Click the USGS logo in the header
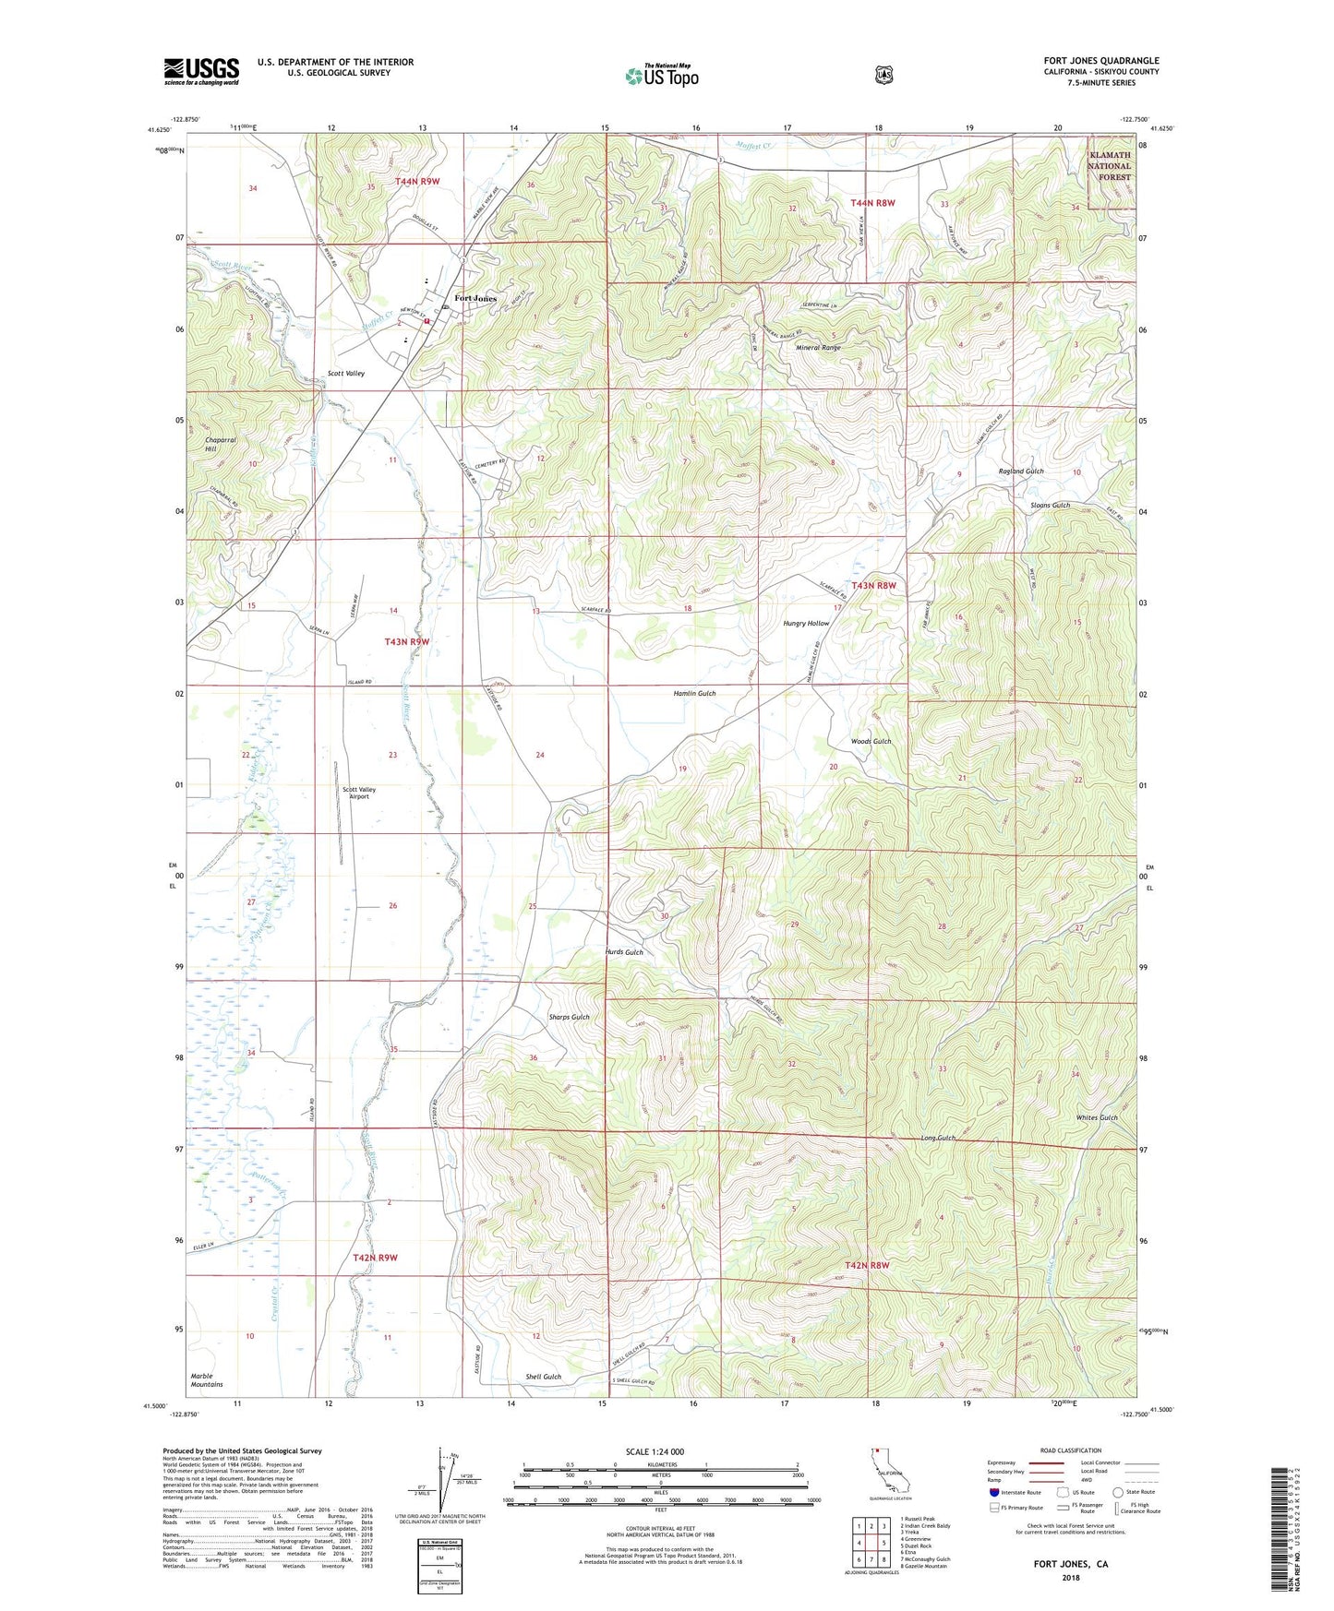tap(201, 71)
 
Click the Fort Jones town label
tap(475, 299)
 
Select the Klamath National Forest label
tap(1109, 166)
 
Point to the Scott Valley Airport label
tap(359, 793)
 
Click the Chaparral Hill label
tap(221, 444)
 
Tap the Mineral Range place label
tap(818, 348)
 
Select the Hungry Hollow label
tap(806, 624)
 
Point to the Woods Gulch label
tap(871, 741)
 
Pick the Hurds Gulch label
tap(624, 952)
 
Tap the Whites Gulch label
tap(1097, 1117)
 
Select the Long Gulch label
tap(938, 1138)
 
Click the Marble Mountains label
tap(207, 1380)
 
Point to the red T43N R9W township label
tap(407, 640)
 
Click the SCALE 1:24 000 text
tap(655, 1451)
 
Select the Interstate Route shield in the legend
tap(993, 1491)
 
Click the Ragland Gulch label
tap(1021, 471)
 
